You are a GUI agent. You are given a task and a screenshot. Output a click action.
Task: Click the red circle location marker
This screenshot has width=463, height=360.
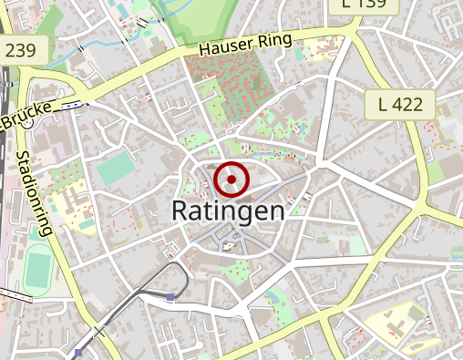pos(231,180)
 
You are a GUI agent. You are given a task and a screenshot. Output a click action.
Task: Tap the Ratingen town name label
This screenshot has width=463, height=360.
pos(228,211)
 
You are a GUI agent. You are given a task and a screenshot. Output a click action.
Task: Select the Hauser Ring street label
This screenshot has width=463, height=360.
pos(245,43)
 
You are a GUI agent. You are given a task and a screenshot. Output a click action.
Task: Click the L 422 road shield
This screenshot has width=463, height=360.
pos(400,104)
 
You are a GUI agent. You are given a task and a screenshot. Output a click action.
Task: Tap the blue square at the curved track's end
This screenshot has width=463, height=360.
pos(171,296)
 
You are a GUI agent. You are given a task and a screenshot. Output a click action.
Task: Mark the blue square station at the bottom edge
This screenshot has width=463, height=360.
pos(79,353)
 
